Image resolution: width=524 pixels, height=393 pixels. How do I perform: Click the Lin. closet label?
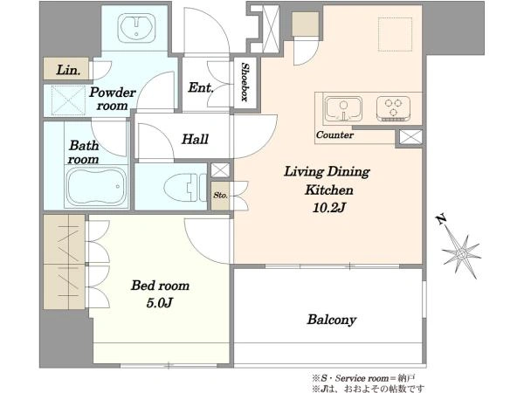click(68, 70)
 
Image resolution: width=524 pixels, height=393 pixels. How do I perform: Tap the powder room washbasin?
click(137, 28)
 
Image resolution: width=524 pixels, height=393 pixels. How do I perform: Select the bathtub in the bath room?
click(96, 186)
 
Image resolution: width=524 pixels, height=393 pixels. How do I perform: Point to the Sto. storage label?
click(221, 195)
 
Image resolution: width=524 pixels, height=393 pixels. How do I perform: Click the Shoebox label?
click(245, 82)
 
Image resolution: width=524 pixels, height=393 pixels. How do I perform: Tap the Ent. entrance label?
click(201, 87)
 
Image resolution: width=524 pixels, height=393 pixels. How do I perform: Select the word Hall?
click(195, 139)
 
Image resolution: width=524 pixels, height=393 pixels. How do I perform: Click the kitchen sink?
click(343, 108)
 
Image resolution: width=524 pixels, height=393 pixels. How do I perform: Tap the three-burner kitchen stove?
click(393, 108)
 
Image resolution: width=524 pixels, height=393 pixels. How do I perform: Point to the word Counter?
click(334, 135)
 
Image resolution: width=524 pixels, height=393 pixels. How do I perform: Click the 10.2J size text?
click(328, 208)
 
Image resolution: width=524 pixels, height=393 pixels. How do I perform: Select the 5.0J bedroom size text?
click(160, 303)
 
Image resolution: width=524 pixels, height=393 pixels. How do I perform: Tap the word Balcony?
click(332, 320)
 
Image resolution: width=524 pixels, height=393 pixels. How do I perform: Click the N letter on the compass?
click(442, 219)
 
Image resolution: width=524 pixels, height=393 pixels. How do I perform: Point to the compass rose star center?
click(462, 254)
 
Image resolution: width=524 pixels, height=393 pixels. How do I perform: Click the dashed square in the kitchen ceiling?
click(395, 34)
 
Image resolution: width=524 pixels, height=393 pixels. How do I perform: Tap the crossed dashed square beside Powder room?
click(68, 100)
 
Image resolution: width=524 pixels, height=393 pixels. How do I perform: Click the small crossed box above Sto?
click(220, 170)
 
